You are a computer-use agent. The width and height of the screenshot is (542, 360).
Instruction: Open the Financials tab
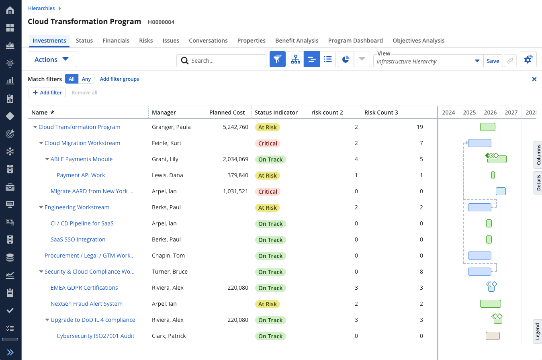pyautogui.click(x=116, y=41)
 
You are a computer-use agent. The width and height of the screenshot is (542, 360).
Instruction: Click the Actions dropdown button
pyautogui.click(x=52, y=59)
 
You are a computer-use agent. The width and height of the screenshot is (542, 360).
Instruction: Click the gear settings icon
pyautogui.click(x=528, y=59)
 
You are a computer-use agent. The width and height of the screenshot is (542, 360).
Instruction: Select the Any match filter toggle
pyautogui.click(x=86, y=79)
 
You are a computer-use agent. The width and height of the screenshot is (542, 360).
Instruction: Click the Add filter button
pyautogui.click(x=47, y=92)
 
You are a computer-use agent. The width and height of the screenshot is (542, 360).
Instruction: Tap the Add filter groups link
pyautogui.click(x=119, y=79)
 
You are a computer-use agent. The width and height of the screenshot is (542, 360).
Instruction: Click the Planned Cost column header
pyautogui.click(x=227, y=112)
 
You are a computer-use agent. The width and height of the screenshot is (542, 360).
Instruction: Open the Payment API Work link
pyautogui.click(x=81, y=175)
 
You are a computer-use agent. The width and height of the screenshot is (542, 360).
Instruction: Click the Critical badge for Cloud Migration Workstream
pyautogui.click(x=268, y=143)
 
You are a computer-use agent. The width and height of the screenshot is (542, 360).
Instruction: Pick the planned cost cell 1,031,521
pyautogui.click(x=235, y=191)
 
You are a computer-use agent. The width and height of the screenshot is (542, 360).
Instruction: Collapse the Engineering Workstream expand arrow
pyautogui.click(x=41, y=207)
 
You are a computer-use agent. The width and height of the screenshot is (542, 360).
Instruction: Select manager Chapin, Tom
pyautogui.click(x=168, y=256)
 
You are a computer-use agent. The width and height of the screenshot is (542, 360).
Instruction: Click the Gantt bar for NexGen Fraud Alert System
pyautogui.click(x=491, y=304)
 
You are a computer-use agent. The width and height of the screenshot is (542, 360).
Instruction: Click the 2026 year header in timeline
pyautogui.click(x=490, y=112)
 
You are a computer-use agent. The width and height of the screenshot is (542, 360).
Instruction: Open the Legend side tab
pyautogui.click(x=538, y=331)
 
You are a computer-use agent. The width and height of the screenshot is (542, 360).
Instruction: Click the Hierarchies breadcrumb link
pyautogui.click(x=41, y=8)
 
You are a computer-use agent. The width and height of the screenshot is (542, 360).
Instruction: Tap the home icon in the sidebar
pyautogui.click(x=10, y=10)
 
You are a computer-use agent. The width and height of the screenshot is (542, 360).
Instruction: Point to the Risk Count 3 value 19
pyautogui.click(x=420, y=127)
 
